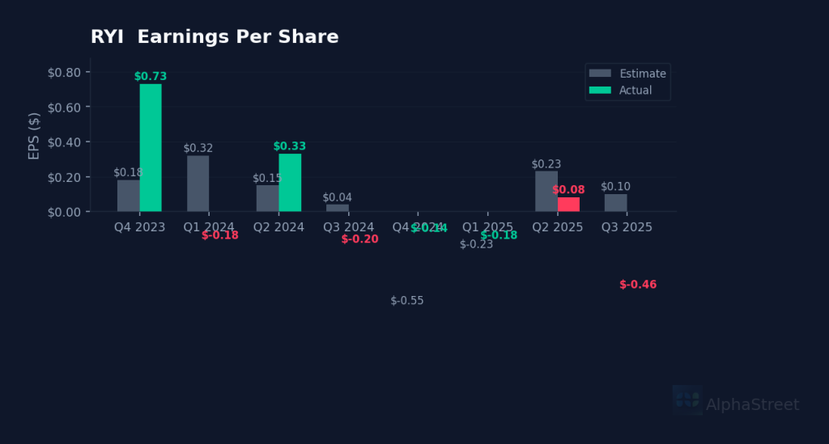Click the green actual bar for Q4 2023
coord(151,147)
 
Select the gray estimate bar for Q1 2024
coord(198,184)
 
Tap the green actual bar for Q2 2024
coord(290,183)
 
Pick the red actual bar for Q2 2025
coord(568,204)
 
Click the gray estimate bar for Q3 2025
coord(615,202)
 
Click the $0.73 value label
coord(151,77)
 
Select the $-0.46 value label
coord(638,285)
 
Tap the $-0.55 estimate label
coord(407,301)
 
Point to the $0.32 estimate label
coord(198,148)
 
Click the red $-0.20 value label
coord(359,239)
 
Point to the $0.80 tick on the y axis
coord(64,73)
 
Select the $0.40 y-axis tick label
coord(64,142)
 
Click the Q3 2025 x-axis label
coord(627,227)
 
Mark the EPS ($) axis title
coord(34,136)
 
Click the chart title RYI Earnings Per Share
coord(215,37)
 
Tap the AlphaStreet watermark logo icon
coord(687,400)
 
